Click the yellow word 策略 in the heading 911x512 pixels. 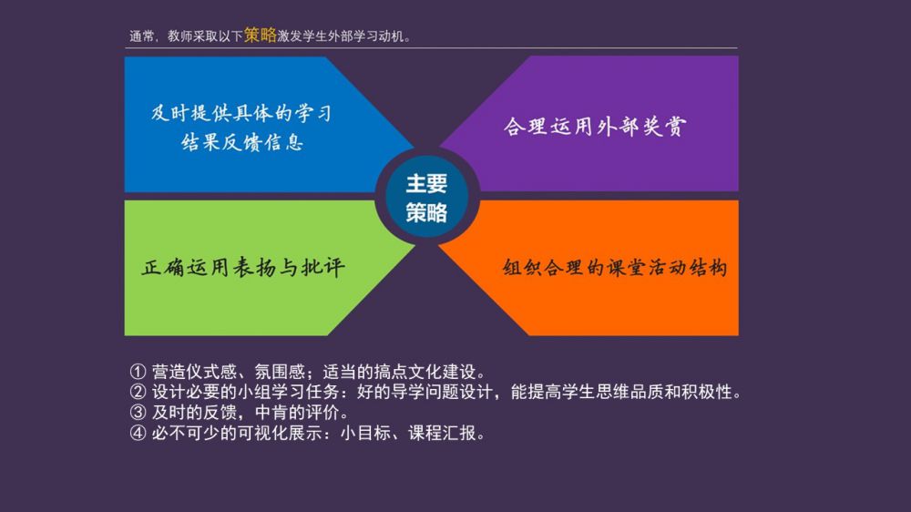pos(261,35)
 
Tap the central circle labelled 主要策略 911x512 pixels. pos(427,197)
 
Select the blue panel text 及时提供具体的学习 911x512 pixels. pos(241,113)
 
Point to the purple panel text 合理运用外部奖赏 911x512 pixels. pos(594,126)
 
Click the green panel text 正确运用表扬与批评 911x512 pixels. pos(243,267)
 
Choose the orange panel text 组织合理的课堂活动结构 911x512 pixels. pos(615,267)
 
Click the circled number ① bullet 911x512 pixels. pos(138,372)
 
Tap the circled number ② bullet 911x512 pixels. pos(138,392)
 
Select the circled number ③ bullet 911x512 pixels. pos(138,412)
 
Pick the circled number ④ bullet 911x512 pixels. pos(138,433)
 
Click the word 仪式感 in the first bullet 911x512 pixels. pos(211,372)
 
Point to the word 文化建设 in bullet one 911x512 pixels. pos(442,372)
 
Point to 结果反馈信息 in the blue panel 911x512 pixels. pos(241,142)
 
